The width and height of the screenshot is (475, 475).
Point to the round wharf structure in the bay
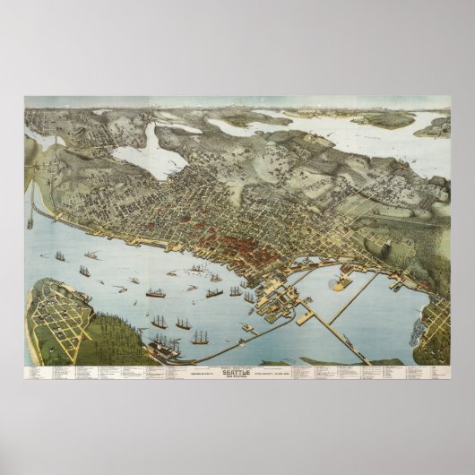[341, 283]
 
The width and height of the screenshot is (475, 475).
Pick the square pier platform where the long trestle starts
[305, 315]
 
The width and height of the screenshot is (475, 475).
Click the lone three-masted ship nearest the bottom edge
[200, 338]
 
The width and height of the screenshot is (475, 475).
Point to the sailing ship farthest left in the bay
[60, 256]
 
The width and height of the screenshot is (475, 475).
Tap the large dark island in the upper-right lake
[385, 118]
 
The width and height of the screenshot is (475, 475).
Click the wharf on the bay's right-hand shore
[394, 285]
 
